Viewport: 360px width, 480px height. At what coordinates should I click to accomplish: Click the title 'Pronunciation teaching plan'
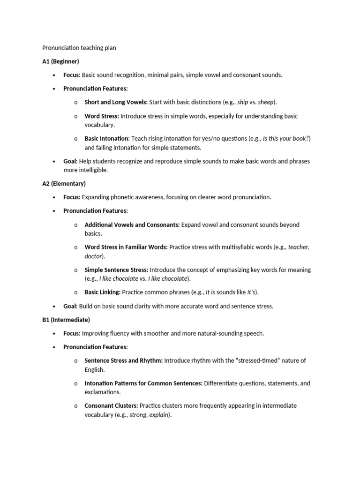(x=79, y=48)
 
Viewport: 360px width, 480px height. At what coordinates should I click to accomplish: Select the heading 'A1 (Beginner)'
(x=60, y=61)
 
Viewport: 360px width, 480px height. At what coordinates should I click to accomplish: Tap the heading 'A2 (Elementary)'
(x=64, y=183)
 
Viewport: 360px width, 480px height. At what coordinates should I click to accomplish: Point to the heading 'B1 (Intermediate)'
(x=66, y=320)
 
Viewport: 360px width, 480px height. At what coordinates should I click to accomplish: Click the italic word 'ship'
(x=243, y=102)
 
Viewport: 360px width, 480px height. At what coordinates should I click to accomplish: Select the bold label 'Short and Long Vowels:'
(x=116, y=102)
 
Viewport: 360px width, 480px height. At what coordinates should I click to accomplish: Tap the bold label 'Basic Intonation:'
(x=107, y=139)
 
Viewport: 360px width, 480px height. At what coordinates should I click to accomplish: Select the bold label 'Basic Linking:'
(x=102, y=292)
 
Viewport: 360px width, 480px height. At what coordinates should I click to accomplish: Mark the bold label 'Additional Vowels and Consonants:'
(x=132, y=225)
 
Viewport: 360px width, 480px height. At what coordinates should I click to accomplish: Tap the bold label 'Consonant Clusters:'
(x=111, y=406)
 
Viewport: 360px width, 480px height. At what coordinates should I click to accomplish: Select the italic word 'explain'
(x=159, y=415)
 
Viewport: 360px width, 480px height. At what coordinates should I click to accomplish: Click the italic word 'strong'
(x=138, y=415)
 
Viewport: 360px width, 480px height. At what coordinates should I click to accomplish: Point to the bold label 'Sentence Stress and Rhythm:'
(x=123, y=361)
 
